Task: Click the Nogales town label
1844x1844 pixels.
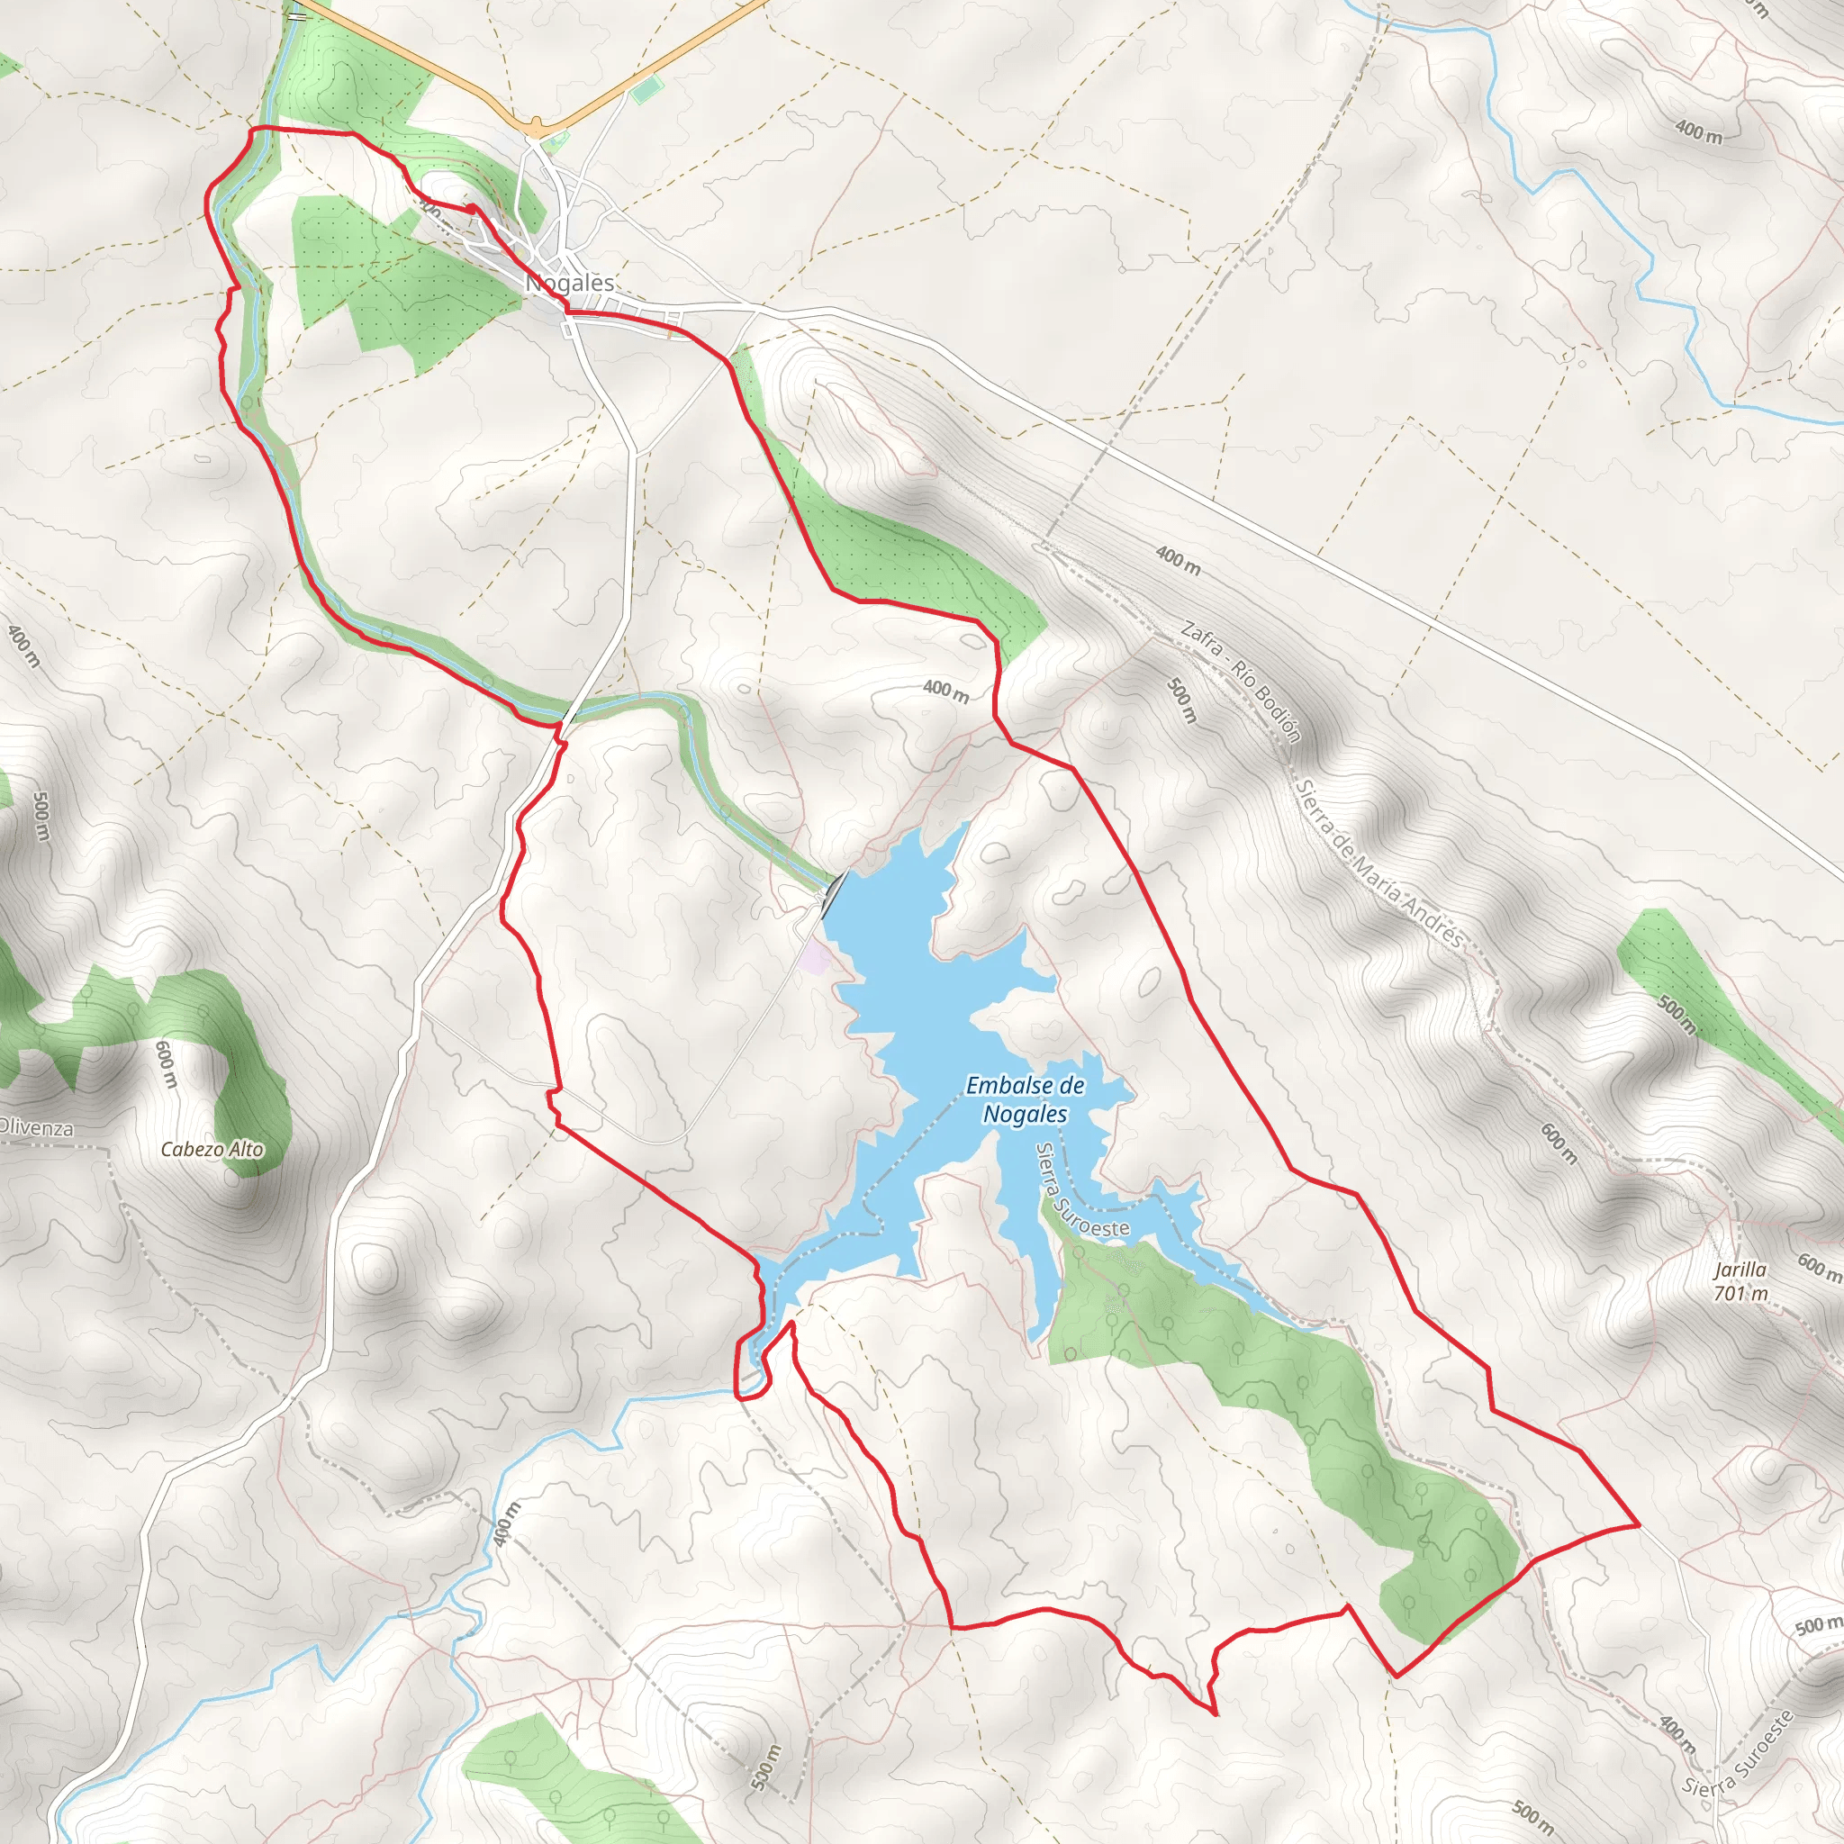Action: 571,284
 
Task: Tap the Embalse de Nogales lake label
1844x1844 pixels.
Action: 1025,1099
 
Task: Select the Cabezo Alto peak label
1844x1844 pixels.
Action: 212,1149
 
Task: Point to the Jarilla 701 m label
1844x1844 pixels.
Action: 1740,1282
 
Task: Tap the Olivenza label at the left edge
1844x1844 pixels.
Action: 36,1128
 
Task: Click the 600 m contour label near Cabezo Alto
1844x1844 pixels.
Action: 166,1064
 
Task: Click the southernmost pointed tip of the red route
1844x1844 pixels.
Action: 1215,1714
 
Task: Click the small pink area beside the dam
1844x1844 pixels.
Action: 813,957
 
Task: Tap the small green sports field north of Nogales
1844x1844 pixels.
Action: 646,90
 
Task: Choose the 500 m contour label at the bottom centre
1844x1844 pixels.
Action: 766,1767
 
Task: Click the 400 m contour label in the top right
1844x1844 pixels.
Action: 1699,131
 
